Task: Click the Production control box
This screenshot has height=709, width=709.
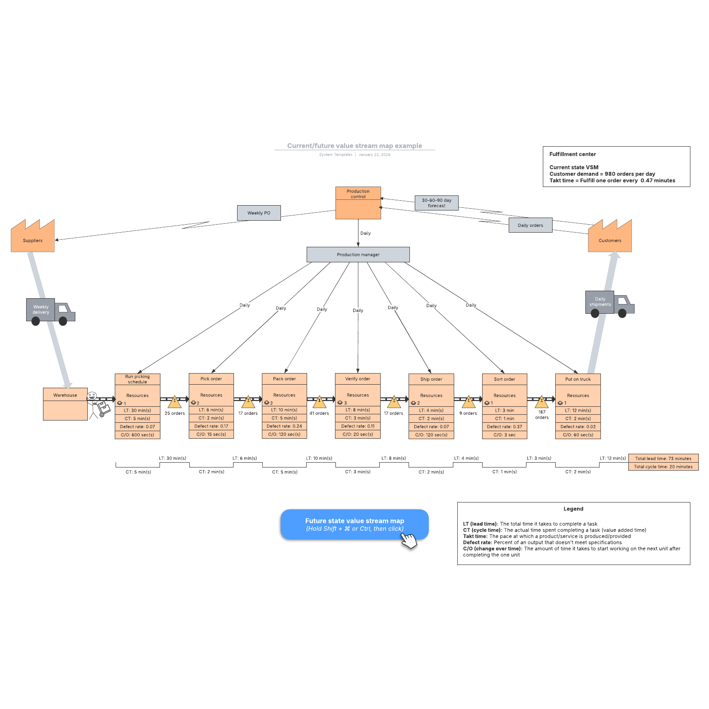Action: pyautogui.click(x=358, y=203)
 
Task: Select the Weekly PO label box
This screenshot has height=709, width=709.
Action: pyautogui.click(x=259, y=213)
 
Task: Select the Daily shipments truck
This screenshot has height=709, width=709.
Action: pyautogui.click(x=609, y=303)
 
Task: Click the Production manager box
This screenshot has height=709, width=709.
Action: pyautogui.click(x=358, y=254)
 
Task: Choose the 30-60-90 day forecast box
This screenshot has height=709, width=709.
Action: pyautogui.click(x=436, y=203)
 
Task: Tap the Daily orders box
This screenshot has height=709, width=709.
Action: pyautogui.click(x=530, y=225)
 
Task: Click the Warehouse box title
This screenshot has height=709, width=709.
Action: pyautogui.click(x=65, y=395)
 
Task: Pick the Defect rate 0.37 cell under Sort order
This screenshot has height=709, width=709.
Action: pyautogui.click(x=504, y=427)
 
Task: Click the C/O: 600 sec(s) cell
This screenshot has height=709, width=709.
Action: pyautogui.click(x=137, y=435)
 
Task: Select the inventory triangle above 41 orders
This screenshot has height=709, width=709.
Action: pyautogui.click(x=319, y=402)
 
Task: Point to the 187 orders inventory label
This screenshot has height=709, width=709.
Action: pyautogui.click(x=541, y=415)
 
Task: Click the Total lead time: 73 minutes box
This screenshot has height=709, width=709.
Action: pyautogui.click(x=663, y=458)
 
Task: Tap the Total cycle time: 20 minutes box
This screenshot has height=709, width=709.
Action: pyautogui.click(x=663, y=467)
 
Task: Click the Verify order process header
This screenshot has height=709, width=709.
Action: pyautogui.click(x=358, y=379)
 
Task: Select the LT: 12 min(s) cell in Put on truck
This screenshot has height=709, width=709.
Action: pyautogui.click(x=578, y=410)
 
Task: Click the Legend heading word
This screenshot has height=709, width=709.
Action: pyautogui.click(x=573, y=509)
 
